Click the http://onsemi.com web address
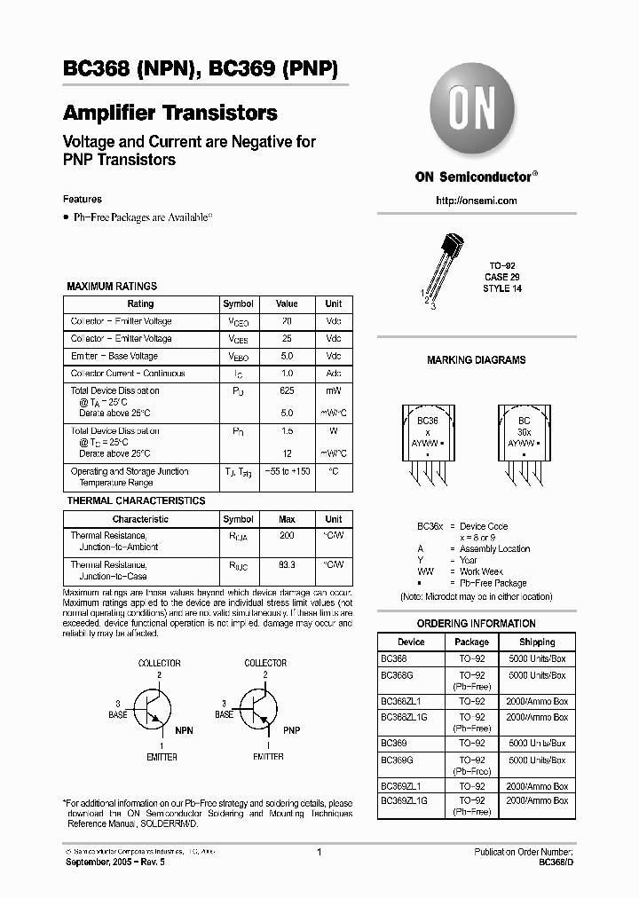point(477,201)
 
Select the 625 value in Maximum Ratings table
point(287,390)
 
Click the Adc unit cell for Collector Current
point(333,374)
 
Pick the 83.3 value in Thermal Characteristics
point(287,564)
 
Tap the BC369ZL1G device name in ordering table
point(404,800)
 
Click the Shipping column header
point(537,642)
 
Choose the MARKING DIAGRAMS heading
point(477,360)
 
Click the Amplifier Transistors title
point(170,114)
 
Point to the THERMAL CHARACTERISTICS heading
point(136,500)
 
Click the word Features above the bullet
point(83,200)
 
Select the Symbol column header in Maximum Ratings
point(238,303)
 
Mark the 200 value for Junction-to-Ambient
point(287,536)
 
